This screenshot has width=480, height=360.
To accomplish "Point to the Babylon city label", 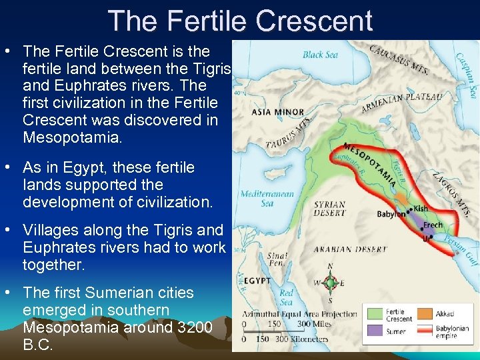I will pyautogui.click(x=391, y=214).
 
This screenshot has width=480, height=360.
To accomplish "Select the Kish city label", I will pyautogui.click(x=421, y=209).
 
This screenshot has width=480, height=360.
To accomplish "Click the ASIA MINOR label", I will pyautogui.click(x=277, y=112).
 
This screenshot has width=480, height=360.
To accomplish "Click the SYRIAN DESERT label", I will pyautogui.click(x=331, y=208).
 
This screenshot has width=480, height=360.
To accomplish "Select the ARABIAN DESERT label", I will pyautogui.click(x=351, y=249).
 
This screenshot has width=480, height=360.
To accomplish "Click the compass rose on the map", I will pyautogui.click(x=330, y=283).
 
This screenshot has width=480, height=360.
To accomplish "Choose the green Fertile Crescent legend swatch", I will pyautogui.click(x=373, y=313).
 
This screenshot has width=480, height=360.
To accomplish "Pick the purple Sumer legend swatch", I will pyautogui.click(x=373, y=330).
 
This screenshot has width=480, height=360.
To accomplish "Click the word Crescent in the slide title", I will pyautogui.click(x=313, y=21).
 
